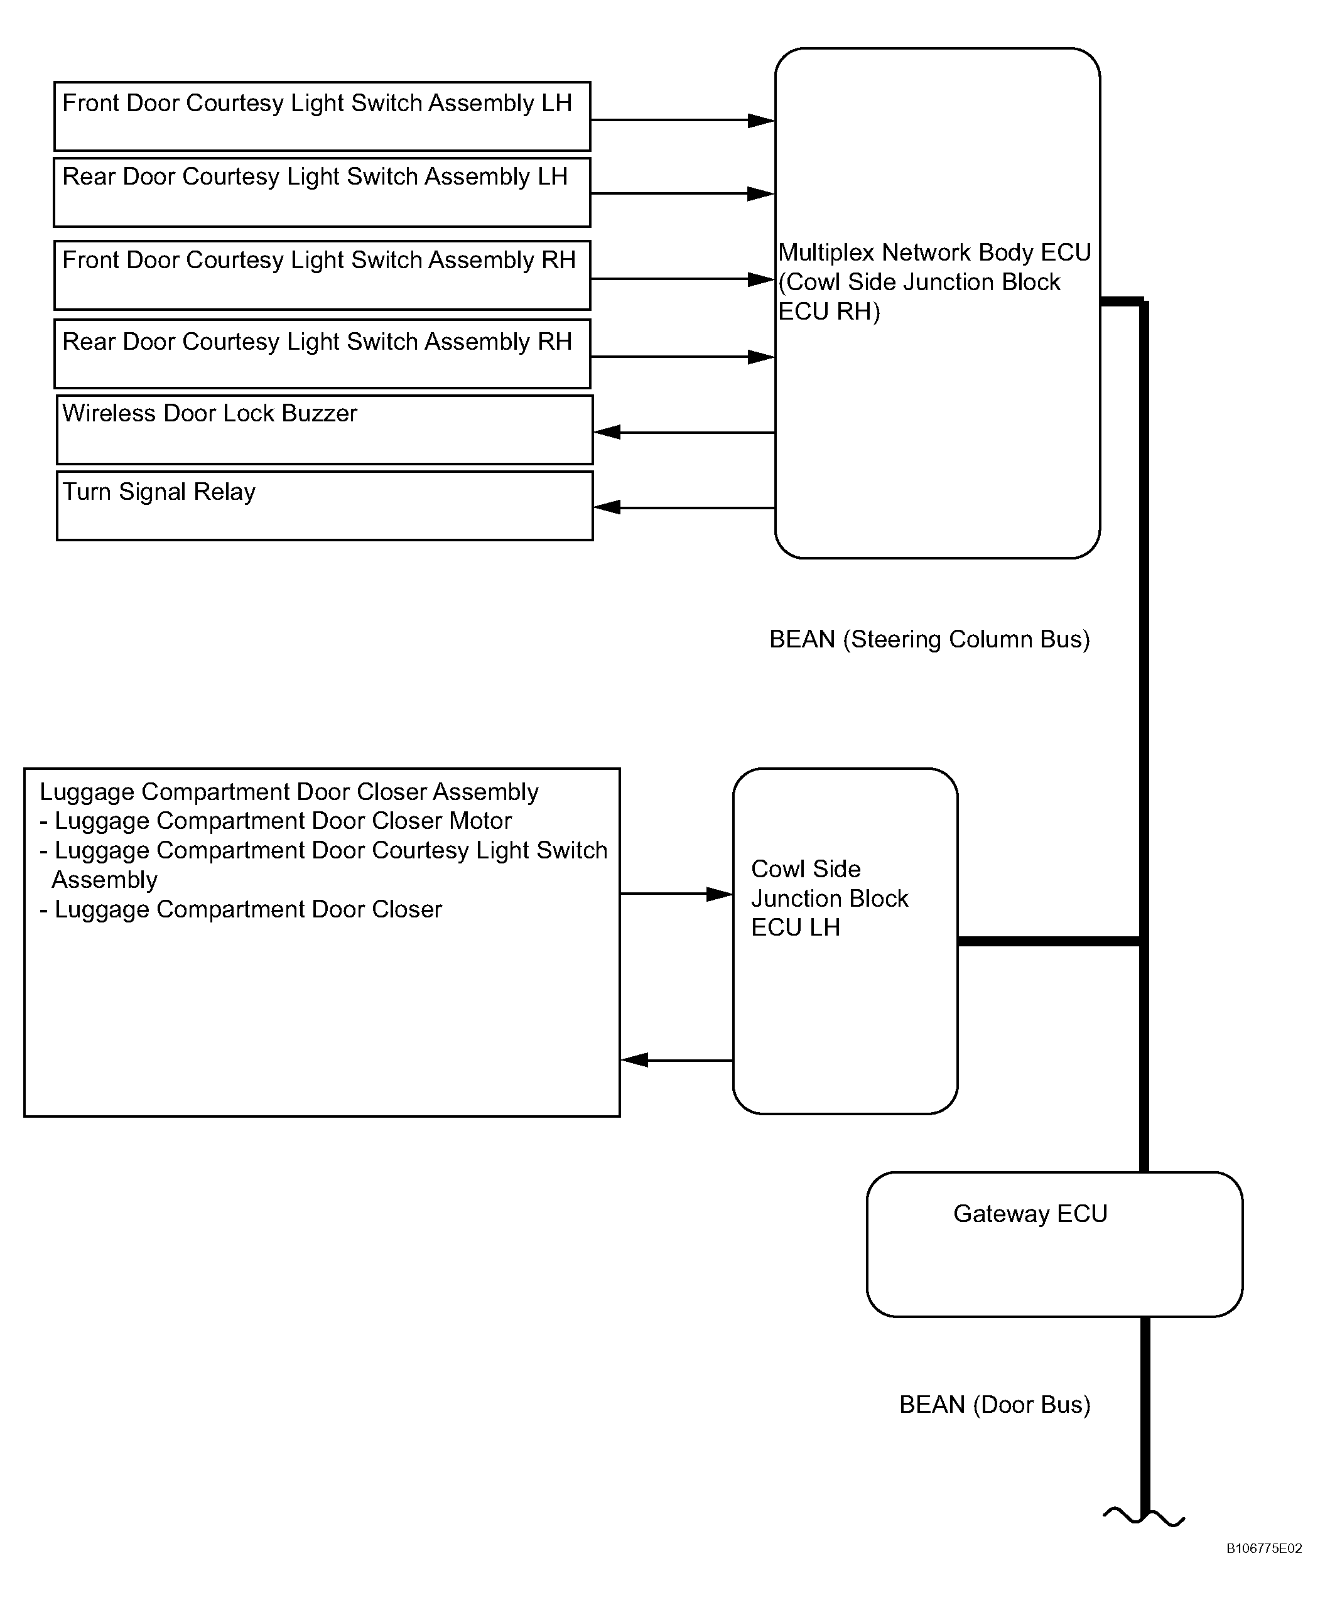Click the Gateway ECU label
tap(1030, 1214)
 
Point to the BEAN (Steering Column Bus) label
tap(929, 639)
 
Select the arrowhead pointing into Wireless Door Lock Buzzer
tap(607, 432)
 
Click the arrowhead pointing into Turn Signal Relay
tap(607, 507)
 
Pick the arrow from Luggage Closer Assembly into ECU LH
tap(676, 894)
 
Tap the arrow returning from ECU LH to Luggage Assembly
tap(676, 1060)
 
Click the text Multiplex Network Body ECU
tap(935, 252)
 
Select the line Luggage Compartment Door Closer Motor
tap(275, 821)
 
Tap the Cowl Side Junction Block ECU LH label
tap(829, 899)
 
